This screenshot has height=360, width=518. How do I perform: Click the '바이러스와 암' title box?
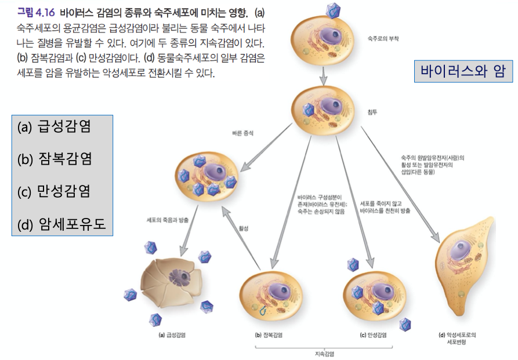[463, 72]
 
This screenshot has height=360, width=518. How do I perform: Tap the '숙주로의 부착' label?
[383, 39]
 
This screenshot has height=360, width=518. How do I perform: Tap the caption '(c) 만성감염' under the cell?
[373, 334]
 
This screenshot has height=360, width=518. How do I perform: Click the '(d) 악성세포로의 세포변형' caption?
[461, 338]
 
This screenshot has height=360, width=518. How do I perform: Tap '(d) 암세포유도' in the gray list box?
[62, 223]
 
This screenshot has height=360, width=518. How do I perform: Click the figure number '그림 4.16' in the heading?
[36, 11]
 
